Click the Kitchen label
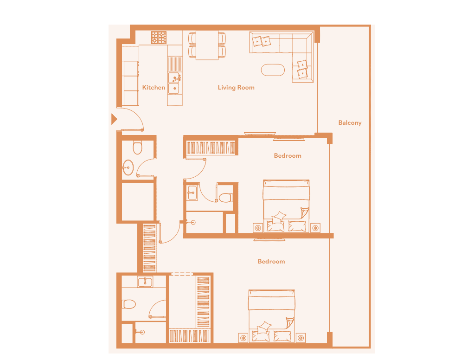point(154,87)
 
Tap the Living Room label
point(236,88)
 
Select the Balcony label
point(350,123)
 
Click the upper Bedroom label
point(288,156)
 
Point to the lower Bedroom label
point(271,262)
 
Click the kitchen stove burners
point(159,38)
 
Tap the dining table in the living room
point(207,45)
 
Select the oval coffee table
point(273,70)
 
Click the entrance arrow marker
point(114,119)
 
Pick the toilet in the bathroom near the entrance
point(138,147)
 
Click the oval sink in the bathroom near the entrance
point(128,167)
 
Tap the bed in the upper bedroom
point(286,206)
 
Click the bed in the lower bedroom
point(271,316)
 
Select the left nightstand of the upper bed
point(258,228)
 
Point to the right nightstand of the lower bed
point(301,338)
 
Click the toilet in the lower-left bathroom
point(129,304)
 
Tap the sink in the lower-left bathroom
point(145,282)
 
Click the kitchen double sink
point(175,83)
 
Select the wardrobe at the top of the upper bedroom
point(211,148)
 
